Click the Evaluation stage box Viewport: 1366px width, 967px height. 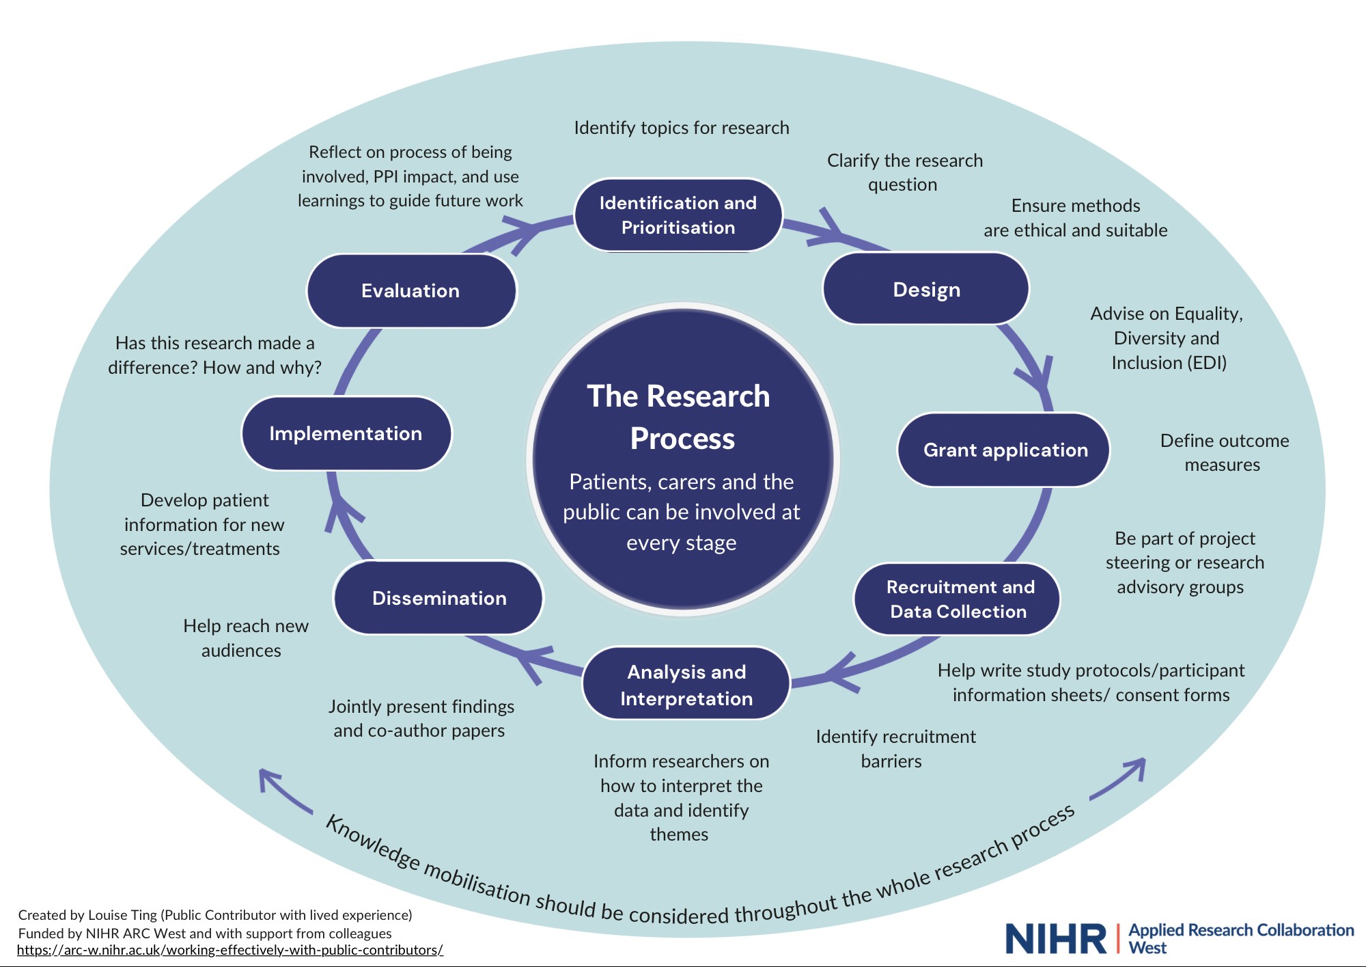point(411,291)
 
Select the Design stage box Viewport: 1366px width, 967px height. point(925,289)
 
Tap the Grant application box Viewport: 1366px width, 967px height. point(1004,450)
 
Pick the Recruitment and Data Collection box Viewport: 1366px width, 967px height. point(958,599)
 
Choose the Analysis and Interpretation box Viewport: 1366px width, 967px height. point(686,684)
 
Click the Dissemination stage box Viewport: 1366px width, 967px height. point(438,598)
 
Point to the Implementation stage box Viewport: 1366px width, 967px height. point(346,433)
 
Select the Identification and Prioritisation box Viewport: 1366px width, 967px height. point(678,215)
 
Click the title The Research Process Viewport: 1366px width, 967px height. point(680,417)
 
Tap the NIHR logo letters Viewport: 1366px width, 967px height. point(1056,939)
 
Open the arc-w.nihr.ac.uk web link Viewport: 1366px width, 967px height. point(230,951)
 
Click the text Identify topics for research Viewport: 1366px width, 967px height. point(681,128)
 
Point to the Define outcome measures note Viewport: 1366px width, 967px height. point(1224,452)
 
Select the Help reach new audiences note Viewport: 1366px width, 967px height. point(245,638)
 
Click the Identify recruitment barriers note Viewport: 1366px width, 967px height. point(895,748)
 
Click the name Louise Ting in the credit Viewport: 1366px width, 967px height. point(122,915)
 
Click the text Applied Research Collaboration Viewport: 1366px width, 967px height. point(1241,930)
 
